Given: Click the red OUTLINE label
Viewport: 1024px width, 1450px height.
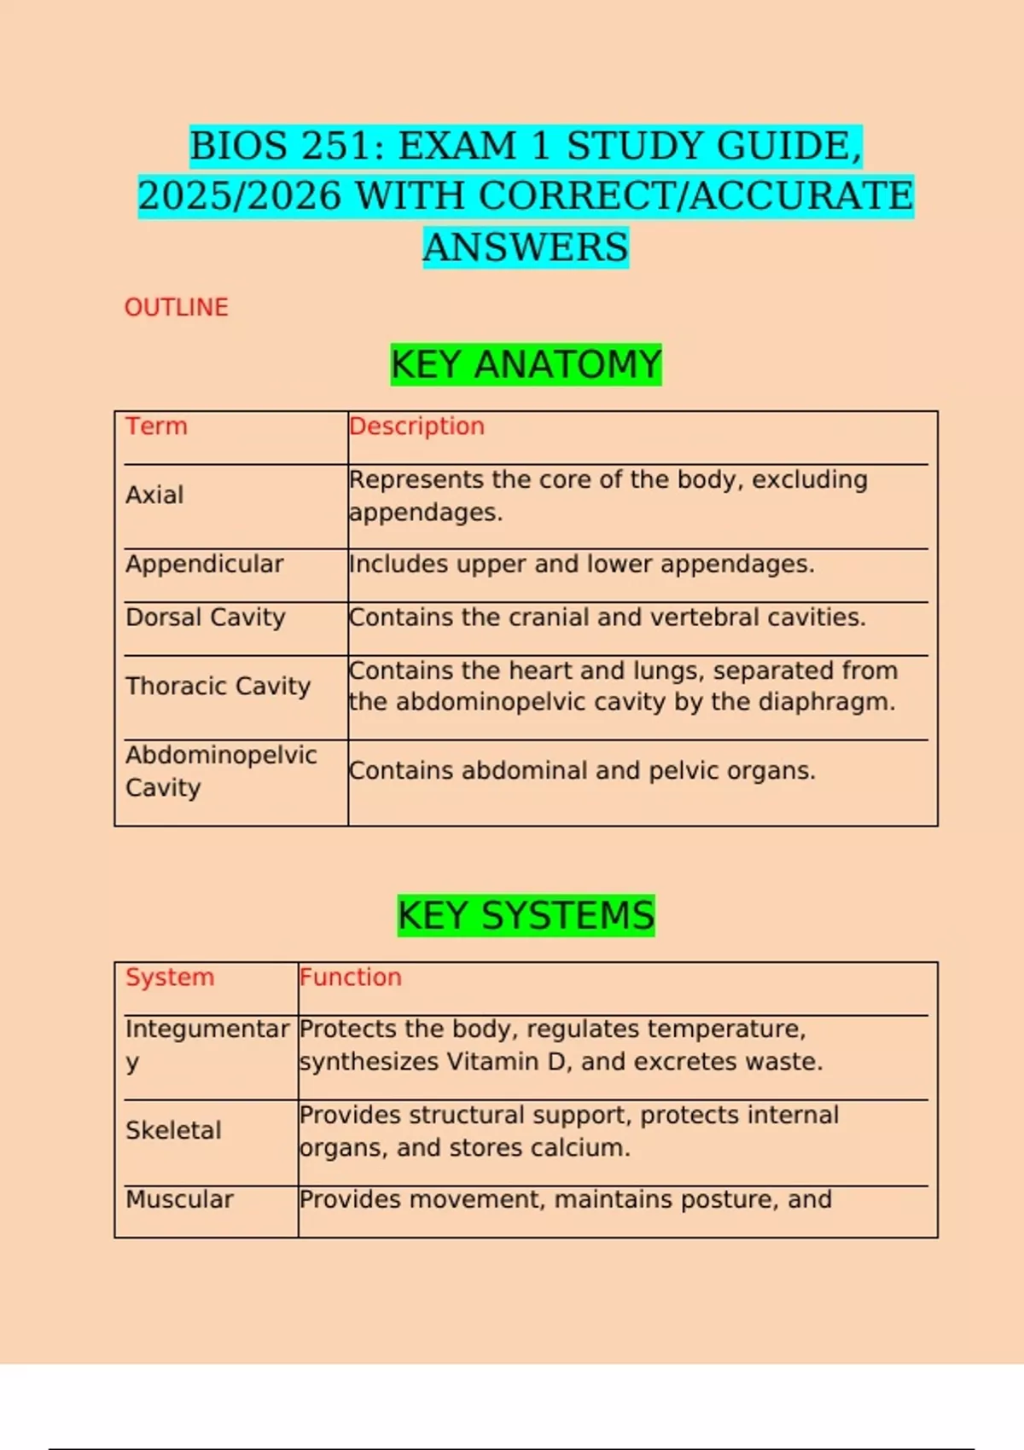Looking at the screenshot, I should coord(176,307).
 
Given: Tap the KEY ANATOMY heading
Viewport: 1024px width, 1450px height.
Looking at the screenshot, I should coord(526,365).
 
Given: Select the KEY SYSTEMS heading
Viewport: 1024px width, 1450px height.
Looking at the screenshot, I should coord(526,916).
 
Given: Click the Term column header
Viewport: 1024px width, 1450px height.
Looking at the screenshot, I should coord(156,426).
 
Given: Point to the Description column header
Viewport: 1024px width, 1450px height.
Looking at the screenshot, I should coord(416,426).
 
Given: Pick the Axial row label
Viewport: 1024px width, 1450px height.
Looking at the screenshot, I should coord(154,495).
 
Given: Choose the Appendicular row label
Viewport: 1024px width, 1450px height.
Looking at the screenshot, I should coord(204,564).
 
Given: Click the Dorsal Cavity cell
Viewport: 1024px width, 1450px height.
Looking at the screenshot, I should coord(205,617).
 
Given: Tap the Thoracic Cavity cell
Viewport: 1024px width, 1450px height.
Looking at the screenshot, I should coord(218,686).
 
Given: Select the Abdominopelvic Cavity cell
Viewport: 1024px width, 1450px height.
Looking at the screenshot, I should coord(220,771).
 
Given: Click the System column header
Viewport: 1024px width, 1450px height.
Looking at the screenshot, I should coord(170,977).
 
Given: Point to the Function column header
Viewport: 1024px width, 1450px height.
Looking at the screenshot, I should coord(350,977).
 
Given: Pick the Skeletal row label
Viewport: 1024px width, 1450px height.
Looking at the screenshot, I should coord(173,1130).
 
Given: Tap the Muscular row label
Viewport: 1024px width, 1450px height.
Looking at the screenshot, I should coord(179,1199).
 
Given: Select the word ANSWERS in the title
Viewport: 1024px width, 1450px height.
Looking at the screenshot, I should coord(526,247).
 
